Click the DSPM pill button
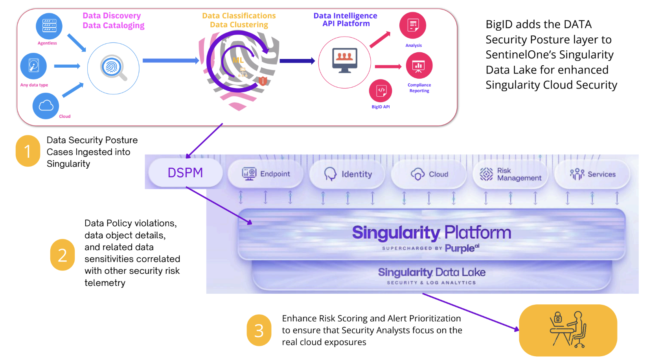(x=185, y=173)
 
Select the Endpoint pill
(x=266, y=174)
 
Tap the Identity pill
(x=348, y=174)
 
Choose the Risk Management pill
(x=510, y=174)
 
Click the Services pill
(x=592, y=174)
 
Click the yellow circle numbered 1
(x=28, y=151)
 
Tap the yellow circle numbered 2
(x=63, y=255)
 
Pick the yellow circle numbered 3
(x=259, y=330)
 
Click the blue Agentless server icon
(x=49, y=26)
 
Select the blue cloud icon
(x=46, y=106)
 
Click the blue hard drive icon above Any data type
(x=34, y=66)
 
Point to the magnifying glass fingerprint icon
(x=113, y=68)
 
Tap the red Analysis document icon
(x=413, y=26)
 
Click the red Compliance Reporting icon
(x=419, y=66)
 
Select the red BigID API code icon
(x=381, y=90)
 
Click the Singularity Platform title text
(x=431, y=233)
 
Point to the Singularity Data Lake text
(x=431, y=272)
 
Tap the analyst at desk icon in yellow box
(x=568, y=330)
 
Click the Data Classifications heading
(x=239, y=16)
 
